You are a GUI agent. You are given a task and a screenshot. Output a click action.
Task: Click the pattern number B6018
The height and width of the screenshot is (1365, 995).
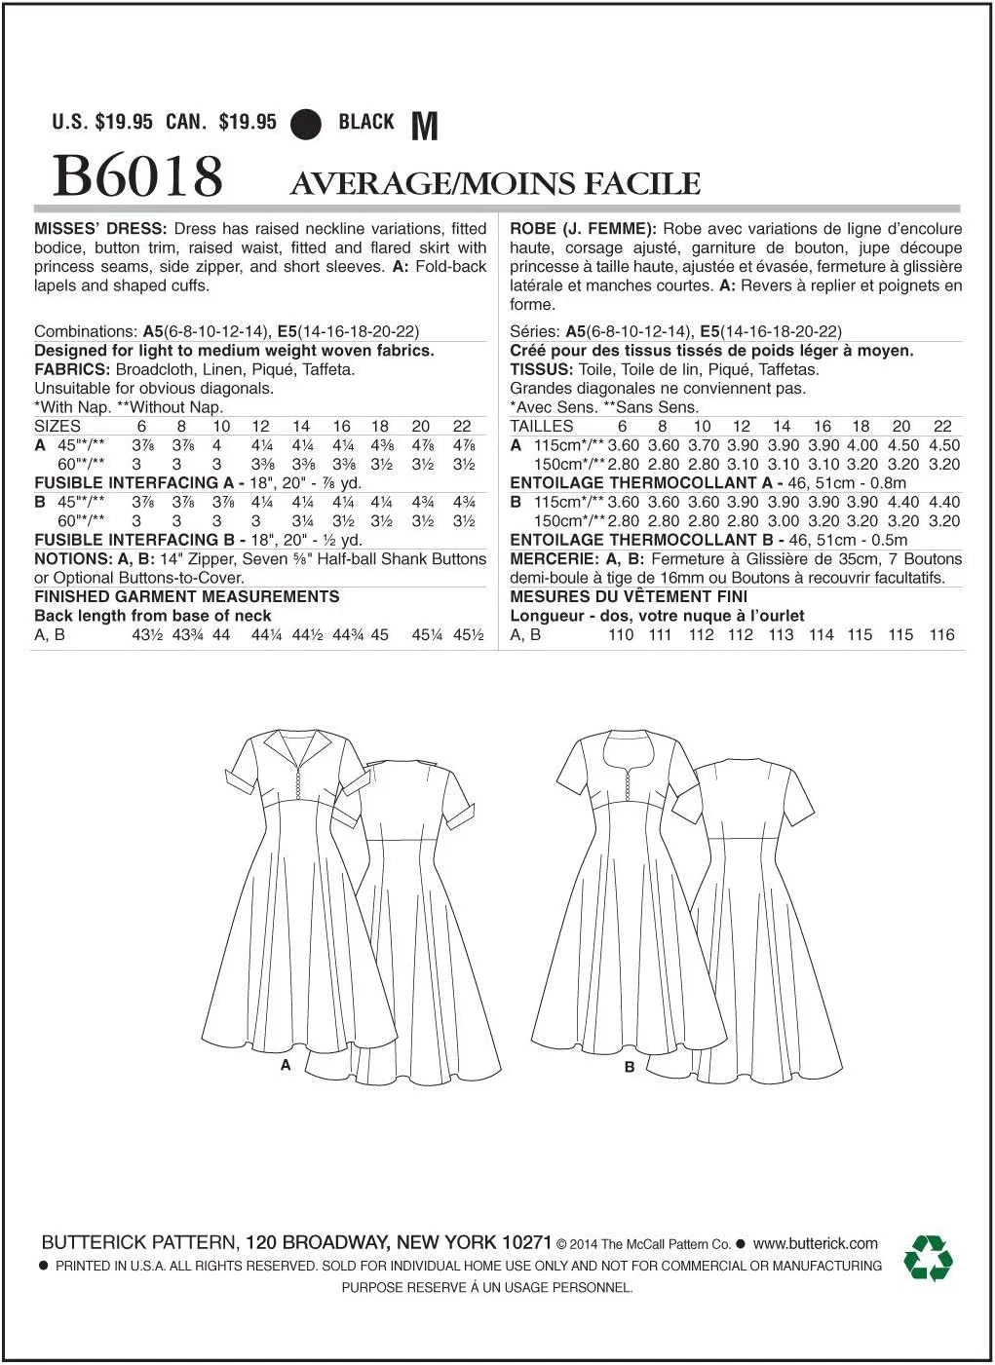point(137,176)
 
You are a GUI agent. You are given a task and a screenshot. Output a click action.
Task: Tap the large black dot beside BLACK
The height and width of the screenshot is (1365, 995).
point(307,123)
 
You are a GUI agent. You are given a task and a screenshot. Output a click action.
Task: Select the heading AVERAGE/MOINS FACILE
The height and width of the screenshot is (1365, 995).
point(495,183)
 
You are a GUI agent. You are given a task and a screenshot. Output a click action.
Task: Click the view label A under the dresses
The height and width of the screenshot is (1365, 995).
point(286,1065)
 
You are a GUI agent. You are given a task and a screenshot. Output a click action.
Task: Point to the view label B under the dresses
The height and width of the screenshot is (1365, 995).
point(630,1067)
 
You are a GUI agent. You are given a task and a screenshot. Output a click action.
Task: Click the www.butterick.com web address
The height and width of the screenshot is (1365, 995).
point(815,1243)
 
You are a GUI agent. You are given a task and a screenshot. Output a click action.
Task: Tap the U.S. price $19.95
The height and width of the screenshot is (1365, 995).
point(125,123)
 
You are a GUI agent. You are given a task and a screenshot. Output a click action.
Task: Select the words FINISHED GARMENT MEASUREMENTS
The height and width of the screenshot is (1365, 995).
point(187,596)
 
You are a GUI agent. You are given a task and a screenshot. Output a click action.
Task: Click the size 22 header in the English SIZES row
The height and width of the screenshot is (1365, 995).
point(462,426)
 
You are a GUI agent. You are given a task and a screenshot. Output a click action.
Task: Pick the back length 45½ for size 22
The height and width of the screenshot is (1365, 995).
point(468,634)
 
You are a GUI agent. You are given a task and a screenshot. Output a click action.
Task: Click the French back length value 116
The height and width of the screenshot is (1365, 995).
point(941,634)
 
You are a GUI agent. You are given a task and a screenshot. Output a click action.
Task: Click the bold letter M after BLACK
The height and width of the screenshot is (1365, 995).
point(426,127)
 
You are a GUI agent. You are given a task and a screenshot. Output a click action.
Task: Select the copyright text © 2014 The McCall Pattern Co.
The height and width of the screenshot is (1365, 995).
point(643,1244)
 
